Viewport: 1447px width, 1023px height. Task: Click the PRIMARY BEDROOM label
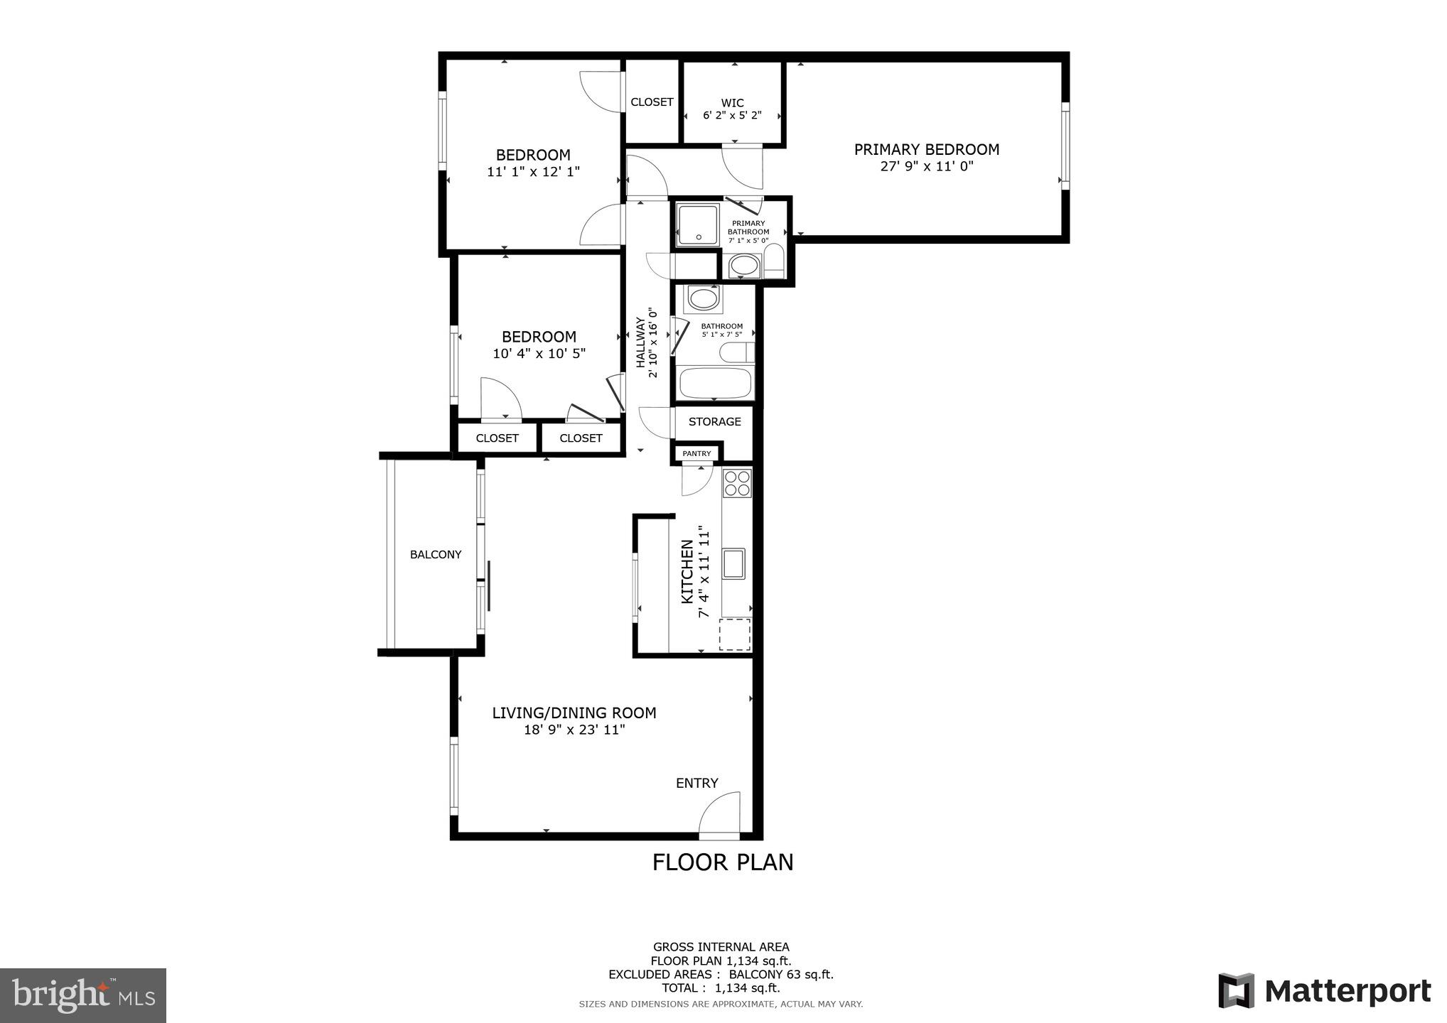click(926, 149)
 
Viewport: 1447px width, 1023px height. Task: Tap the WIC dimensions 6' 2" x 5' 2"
click(732, 115)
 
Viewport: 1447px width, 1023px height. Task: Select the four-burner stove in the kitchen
click(737, 483)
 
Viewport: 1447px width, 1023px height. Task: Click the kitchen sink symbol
click(733, 563)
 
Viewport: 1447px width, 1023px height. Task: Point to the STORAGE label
click(714, 422)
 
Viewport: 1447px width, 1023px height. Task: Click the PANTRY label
click(696, 453)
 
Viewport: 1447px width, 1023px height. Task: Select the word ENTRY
click(696, 783)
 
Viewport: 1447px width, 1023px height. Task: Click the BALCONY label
click(436, 555)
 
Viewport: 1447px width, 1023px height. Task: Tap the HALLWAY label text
click(640, 342)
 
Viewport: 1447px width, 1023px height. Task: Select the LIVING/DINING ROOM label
click(574, 713)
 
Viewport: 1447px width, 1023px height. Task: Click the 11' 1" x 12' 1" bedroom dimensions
click(533, 172)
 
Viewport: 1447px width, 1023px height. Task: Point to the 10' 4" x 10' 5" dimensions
click(539, 354)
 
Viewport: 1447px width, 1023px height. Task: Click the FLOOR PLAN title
click(723, 862)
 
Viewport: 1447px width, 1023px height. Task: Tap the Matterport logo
click(1324, 990)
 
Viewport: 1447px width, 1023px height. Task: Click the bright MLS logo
click(83, 995)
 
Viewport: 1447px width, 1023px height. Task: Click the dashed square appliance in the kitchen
click(734, 634)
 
